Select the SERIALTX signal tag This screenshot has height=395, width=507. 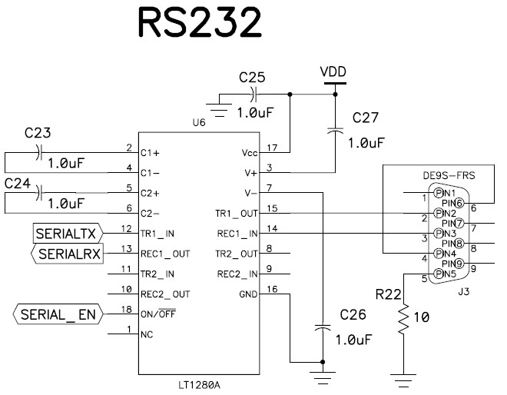[68, 231]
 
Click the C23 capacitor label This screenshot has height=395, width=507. [37, 132]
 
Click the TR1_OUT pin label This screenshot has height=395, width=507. [237, 211]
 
